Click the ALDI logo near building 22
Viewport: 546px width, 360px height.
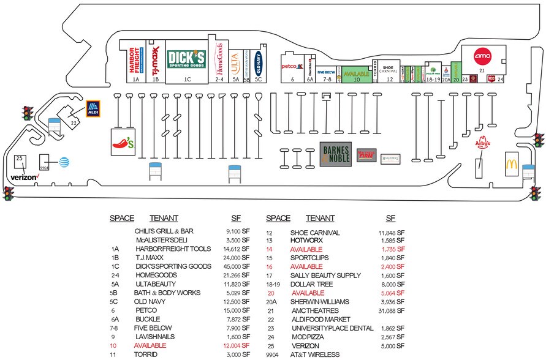pos(93,108)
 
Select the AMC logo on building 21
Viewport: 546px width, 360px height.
pos(483,54)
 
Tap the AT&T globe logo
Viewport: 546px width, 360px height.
pos(63,162)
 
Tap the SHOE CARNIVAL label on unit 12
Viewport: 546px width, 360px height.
pos(388,69)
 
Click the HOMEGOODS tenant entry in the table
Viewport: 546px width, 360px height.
pos(157,284)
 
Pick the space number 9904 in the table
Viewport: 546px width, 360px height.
pos(273,354)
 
